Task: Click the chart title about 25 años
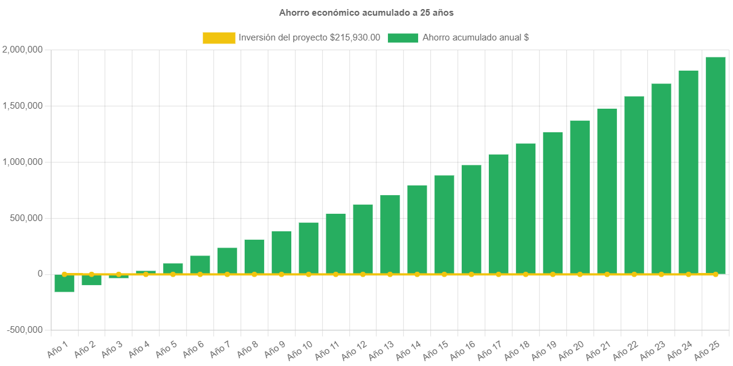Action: (366, 12)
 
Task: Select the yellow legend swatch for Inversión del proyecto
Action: (219, 37)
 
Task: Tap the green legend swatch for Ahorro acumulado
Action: (402, 37)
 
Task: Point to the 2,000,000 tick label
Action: (22, 49)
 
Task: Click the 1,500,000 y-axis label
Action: (22, 106)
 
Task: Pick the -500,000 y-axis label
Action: (25, 330)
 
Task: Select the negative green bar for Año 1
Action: (65, 283)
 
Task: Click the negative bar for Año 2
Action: (92, 280)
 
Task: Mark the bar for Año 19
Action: (553, 202)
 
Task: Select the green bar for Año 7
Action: (227, 260)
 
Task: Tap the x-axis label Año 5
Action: (166, 348)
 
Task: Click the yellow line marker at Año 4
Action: (146, 274)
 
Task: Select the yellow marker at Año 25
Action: (715, 274)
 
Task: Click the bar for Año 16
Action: (471, 219)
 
